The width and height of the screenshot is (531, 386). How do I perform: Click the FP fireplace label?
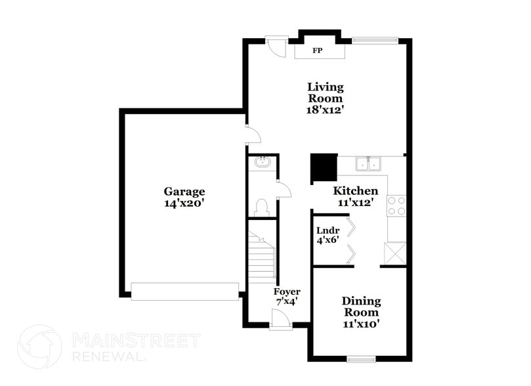pos(317,51)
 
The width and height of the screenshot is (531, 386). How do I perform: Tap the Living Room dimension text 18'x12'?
pos(325,110)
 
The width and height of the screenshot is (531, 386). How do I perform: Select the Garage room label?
pos(184,192)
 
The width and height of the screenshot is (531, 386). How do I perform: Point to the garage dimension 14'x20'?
pos(184,204)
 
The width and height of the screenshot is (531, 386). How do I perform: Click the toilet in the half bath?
pos(262,207)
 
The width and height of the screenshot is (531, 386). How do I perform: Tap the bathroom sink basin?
pos(263,161)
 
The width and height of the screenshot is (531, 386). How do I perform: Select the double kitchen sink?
pos(368,163)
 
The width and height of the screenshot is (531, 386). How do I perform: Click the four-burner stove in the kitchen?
pos(396,206)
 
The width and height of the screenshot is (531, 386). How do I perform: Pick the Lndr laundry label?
pos(328,230)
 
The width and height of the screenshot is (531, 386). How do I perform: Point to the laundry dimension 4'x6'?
pos(328,241)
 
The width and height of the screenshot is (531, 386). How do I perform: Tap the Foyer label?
pos(287,291)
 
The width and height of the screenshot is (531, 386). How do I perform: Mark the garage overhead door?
pos(184,291)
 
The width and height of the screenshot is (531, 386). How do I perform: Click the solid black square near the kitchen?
pos(323,168)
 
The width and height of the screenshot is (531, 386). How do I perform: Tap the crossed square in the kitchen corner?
pos(395,253)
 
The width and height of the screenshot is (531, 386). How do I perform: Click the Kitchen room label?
pos(355,191)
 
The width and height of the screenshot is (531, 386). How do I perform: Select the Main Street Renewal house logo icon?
pos(39,347)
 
